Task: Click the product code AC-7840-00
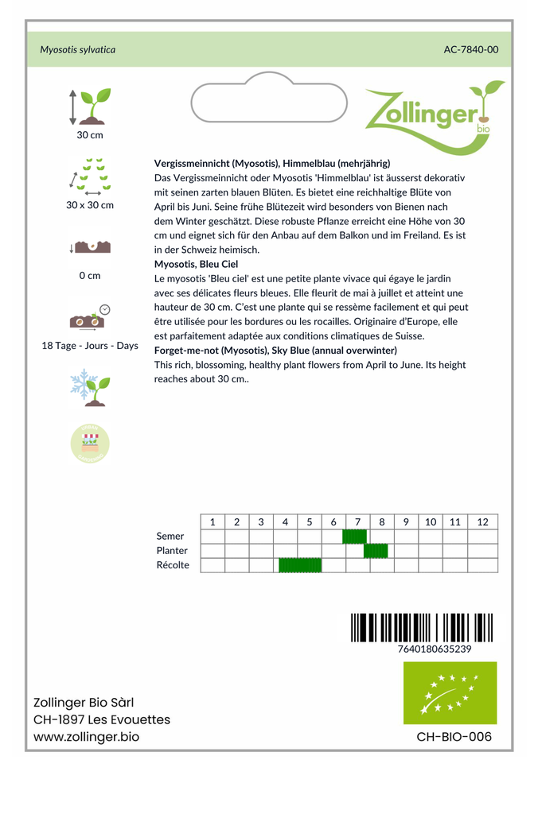pyautogui.click(x=471, y=49)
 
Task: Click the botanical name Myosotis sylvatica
pyautogui.click(x=78, y=49)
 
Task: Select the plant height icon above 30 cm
pyautogui.click(x=90, y=106)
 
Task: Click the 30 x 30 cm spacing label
pyautogui.click(x=90, y=205)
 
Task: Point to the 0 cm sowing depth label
pyautogui.click(x=90, y=276)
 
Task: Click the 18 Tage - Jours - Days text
pyautogui.click(x=90, y=346)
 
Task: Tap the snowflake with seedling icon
pyautogui.click(x=90, y=384)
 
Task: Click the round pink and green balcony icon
pyautogui.click(x=90, y=443)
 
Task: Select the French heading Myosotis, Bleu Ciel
pyautogui.click(x=196, y=264)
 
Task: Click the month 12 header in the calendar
pyautogui.click(x=482, y=522)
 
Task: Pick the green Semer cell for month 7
pyautogui.click(x=354, y=537)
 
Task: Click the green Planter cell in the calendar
pyautogui.click(x=376, y=551)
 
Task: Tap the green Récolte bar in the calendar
pyautogui.click(x=300, y=565)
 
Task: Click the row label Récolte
pyautogui.click(x=173, y=565)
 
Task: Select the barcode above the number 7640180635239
pyautogui.click(x=422, y=627)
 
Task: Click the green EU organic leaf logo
pyautogui.click(x=450, y=692)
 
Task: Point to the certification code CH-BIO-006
pyautogui.click(x=454, y=737)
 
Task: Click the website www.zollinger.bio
pyautogui.click(x=86, y=738)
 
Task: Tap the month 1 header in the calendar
pyautogui.click(x=212, y=522)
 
